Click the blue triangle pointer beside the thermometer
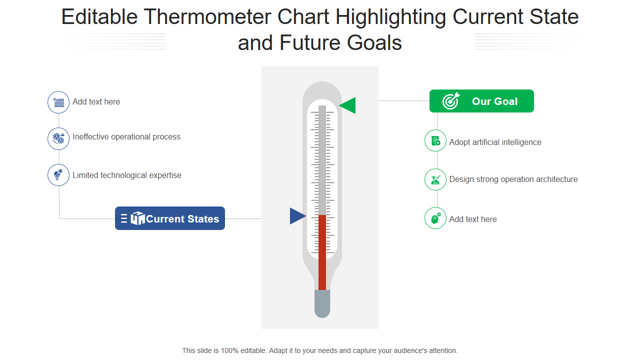[x=296, y=216]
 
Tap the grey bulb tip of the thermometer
[x=322, y=303]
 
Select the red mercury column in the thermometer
[x=322, y=252]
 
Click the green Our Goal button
[x=481, y=101]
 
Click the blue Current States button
[x=170, y=218]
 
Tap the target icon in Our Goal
[x=451, y=101]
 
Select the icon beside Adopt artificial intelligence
[x=435, y=140]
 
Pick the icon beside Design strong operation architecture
[x=435, y=179]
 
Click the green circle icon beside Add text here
[x=435, y=218]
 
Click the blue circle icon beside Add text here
[x=58, y=102]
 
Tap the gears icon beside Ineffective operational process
[x=58, y=138]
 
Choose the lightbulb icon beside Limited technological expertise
[x=58, y=175]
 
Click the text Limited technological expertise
[x=127, y=175]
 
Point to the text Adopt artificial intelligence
[x=495, y=142]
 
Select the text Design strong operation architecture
[x=513, y=179]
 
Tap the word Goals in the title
[x=374, y=43]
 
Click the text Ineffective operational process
[x=126, y=137]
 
